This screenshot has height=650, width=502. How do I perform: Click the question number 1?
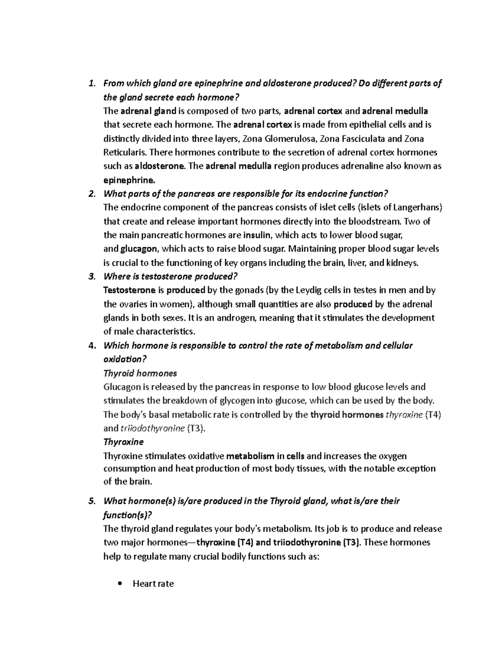[x=91, y=84]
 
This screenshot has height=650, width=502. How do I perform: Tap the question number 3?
[x=91, y=277]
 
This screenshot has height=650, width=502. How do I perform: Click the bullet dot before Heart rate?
[x=120, y=583]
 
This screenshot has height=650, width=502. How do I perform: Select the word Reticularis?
[x=124, y=152]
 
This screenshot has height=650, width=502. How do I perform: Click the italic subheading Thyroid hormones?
[x=140, y=373]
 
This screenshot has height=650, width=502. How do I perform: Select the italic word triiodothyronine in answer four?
[x=152, y=428]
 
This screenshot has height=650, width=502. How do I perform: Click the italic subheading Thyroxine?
[x=123, y=442]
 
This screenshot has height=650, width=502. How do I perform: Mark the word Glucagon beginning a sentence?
[x=121, y=387]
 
